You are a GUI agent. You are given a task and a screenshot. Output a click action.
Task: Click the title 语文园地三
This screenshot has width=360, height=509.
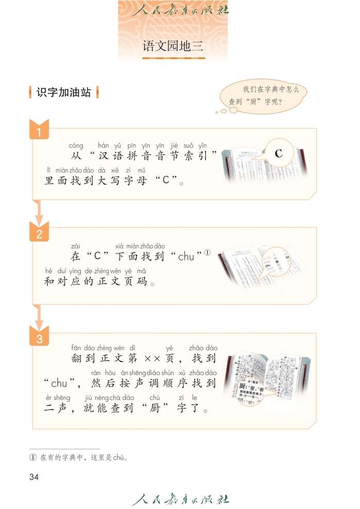tap(173, 46)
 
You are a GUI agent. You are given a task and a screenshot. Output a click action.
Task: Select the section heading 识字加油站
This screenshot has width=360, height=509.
tap(64, 92)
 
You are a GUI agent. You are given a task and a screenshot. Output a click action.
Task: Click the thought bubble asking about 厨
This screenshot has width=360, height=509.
tap(263, 96)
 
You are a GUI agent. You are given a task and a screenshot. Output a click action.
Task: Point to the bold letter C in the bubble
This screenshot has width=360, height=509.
tap(279, 154)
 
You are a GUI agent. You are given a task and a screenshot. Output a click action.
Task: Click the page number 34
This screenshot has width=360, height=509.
tap(34, 477)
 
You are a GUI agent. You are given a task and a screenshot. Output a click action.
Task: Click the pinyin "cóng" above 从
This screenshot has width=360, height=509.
tap(76, 146)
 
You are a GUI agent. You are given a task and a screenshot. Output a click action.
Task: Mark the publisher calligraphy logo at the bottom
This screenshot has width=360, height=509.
tap(180, 499)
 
